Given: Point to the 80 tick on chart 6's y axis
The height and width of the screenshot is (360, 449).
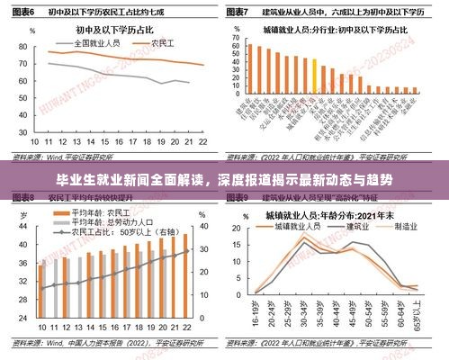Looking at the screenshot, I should (x=21, y=45).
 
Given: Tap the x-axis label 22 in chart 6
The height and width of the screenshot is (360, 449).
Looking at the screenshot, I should (x=202, y=142).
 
